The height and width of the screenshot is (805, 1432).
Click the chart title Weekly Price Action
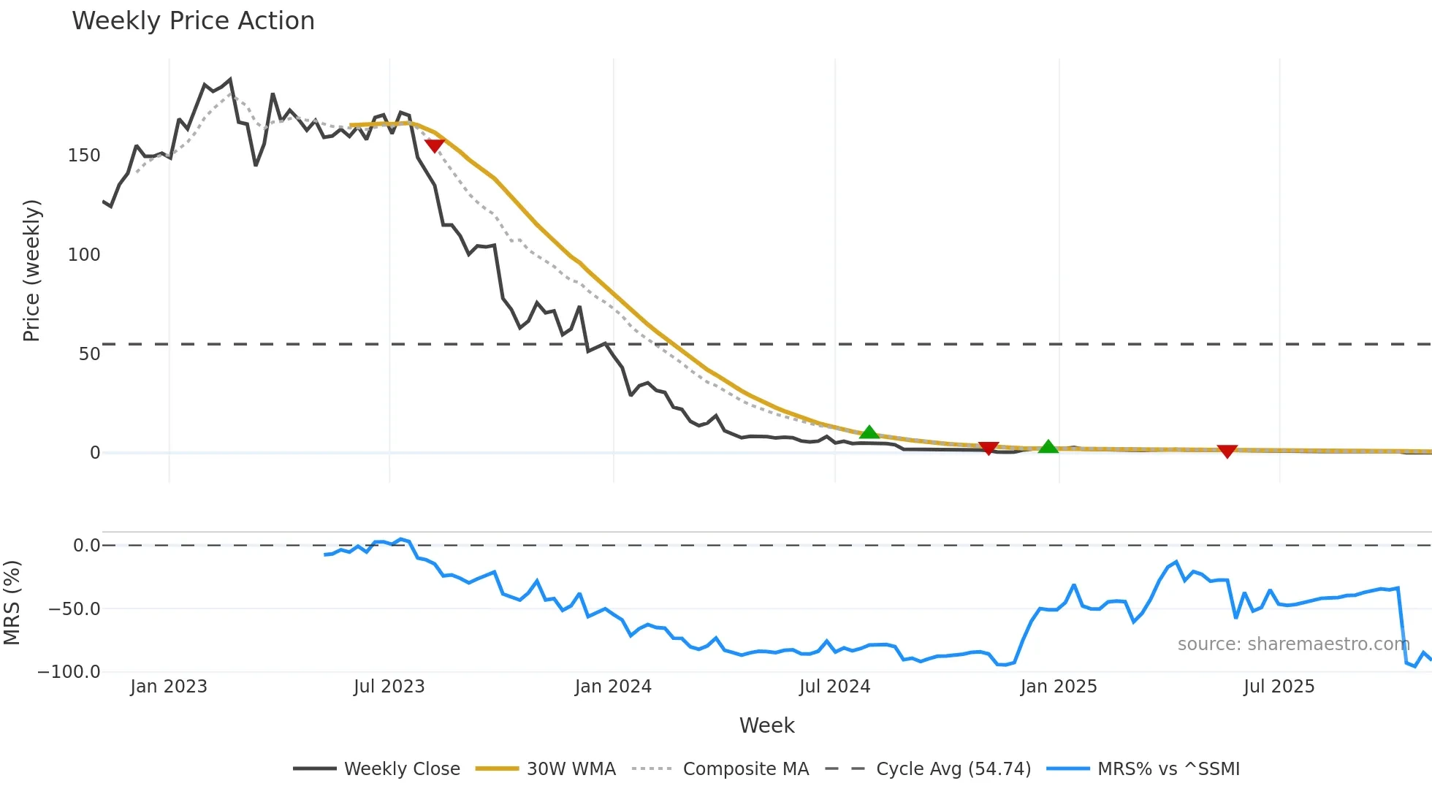click(x=193, y=21)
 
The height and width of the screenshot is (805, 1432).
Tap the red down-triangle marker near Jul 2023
click(x=435, y=145)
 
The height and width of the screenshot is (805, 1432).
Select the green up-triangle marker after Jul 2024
click(x=869, y=432)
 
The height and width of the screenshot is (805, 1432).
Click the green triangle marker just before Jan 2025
click(x=1048, y=446)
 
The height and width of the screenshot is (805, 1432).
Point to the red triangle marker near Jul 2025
click(x=1227, y=451)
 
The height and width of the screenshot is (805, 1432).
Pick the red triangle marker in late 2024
click(x=989, y=448)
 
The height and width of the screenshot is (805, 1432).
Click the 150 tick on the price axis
click(x=84, y=156)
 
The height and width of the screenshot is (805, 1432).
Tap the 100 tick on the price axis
click(x=84, y=255)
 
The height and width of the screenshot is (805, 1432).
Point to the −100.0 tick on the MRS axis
click(x=69, y=672)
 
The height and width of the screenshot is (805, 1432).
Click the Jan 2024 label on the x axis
click(x=613, y=687)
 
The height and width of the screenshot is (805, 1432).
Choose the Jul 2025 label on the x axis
click(x=1279, y=687)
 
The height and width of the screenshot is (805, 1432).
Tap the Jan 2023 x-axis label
click(x=169, y=687)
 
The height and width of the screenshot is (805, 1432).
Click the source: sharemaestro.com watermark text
click(x=1293, y=644)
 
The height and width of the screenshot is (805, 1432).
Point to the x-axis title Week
click(x=766, y=725)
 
